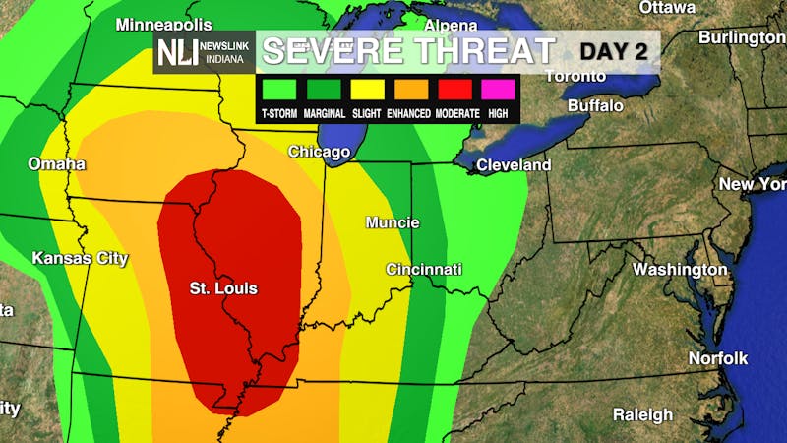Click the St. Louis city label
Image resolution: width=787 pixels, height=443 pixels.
pos(223,288)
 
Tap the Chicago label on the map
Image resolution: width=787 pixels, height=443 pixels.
pos(319,152)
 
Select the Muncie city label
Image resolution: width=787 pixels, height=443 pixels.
pos(393,222)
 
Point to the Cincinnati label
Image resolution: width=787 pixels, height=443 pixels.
pos(423,269)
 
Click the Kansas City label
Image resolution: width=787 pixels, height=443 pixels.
pos(81,258)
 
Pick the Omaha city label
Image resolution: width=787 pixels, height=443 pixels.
pos(56,163)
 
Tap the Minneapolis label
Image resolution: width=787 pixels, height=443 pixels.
pos(164,24)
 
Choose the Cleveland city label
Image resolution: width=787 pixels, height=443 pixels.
pos(514,165)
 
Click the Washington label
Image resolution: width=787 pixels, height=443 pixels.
pos(680,269)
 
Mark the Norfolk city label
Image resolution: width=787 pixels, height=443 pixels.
pos(718,357)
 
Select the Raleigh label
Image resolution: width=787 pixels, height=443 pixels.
pos(642,414)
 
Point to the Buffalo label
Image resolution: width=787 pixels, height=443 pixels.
pos(595,105)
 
